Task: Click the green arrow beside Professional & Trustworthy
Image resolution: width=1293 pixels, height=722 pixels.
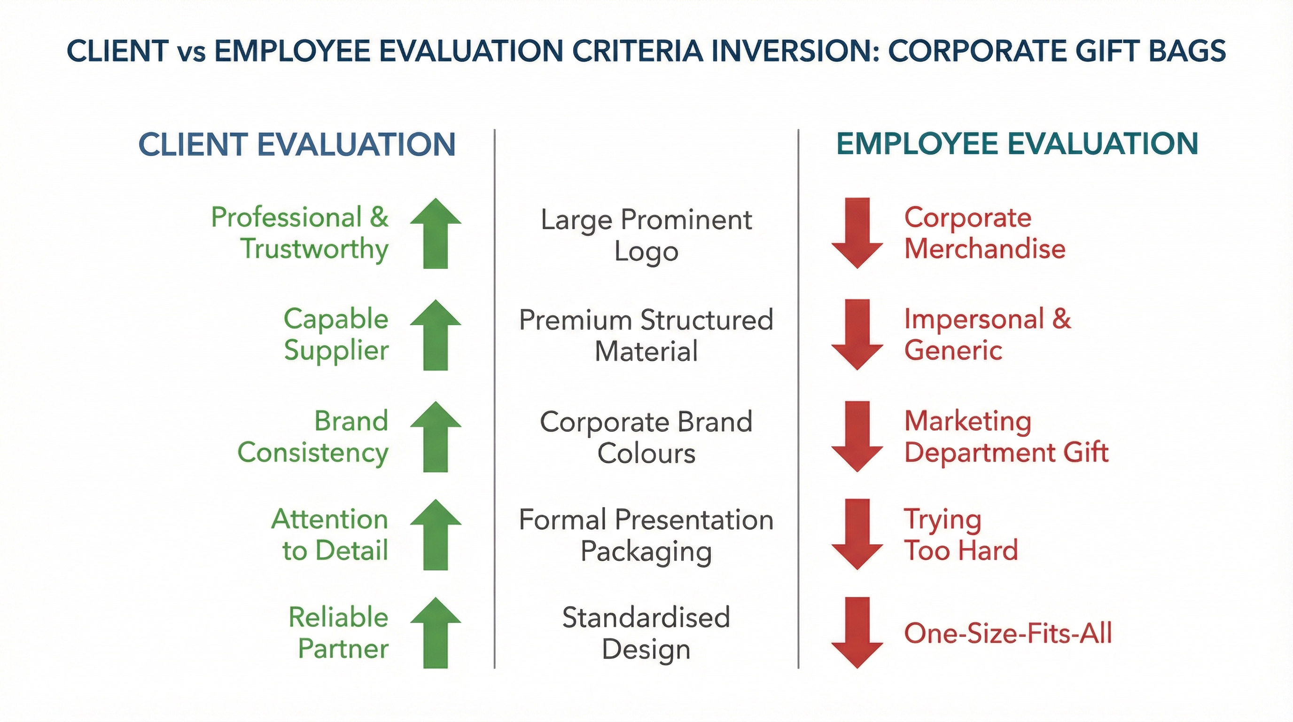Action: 435,234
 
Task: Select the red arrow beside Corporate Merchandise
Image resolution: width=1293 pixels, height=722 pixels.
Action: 857,234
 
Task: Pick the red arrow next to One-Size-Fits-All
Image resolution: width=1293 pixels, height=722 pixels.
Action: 857,633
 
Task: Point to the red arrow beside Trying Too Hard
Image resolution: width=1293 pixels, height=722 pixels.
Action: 857,534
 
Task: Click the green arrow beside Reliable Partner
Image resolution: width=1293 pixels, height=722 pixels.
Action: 435,633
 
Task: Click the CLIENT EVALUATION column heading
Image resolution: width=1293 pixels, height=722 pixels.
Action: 296,145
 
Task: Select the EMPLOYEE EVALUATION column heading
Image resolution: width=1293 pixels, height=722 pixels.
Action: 1017,144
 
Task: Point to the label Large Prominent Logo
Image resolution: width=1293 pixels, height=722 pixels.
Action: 646,235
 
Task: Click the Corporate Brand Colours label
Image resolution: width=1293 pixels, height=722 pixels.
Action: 646,437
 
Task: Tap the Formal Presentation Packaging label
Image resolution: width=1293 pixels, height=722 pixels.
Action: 646,535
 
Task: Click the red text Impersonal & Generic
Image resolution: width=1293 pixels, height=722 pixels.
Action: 987,334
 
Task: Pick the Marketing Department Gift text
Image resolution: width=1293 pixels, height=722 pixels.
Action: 1006,436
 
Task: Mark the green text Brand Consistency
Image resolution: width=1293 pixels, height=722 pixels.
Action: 313,436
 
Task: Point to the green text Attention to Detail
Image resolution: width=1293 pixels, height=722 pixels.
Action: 330,534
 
